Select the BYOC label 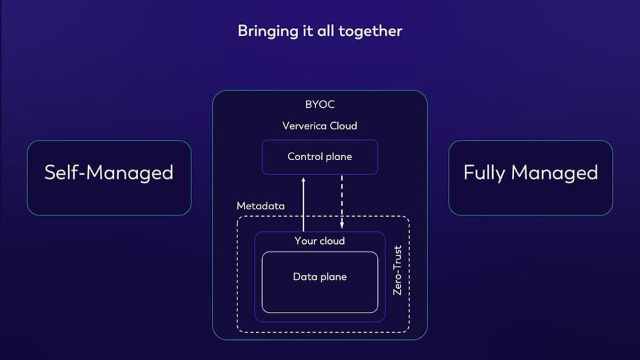(319, 105)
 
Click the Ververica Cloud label (319, 125)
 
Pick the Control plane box (319, 157)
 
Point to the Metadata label (261, 206)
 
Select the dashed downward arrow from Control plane (342, 200)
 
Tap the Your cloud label (319, 241)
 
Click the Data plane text (319, 277)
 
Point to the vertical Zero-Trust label (397, 271)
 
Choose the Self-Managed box (109, 177)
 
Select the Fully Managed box (530, 177)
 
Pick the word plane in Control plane (338, 157)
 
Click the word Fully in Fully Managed (484, 173)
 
